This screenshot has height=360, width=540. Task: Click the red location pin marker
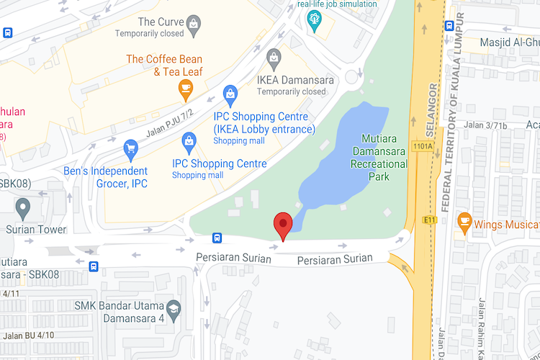click(284, 225)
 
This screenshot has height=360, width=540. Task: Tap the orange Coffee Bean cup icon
click(186, 89)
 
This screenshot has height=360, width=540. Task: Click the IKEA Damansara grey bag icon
click(274, 57)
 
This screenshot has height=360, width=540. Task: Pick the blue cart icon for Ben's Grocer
click(130, 149)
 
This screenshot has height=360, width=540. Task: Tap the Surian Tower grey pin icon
click(23, 209)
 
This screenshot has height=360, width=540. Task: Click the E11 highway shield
click(431, 220)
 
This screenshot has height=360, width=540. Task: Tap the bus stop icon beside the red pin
click(217, 238)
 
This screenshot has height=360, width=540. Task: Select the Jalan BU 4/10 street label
click(28, 336)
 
